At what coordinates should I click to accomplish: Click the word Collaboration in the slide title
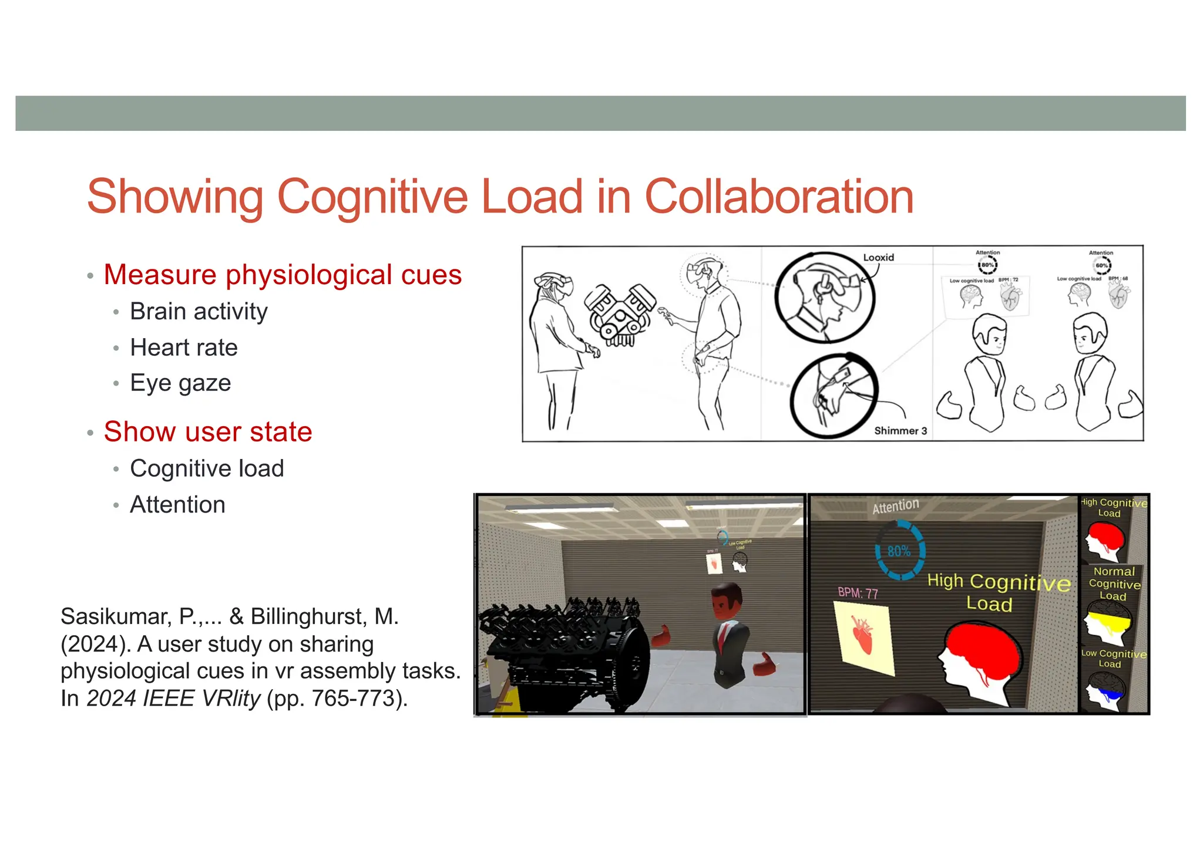[779, 197]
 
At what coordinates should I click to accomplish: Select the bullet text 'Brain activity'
[199, 311]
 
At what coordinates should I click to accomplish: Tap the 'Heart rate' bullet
[184, 348]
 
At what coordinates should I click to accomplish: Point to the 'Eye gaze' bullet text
[180, 383]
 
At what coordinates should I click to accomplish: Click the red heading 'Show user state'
[208, 432]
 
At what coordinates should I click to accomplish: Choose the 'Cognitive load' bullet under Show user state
[207, 468]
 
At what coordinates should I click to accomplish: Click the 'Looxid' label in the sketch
[878, 257]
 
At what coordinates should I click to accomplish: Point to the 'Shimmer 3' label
[900, 431]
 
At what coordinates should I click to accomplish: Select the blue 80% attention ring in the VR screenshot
[900, 551]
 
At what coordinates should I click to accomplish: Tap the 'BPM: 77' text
[858, 593]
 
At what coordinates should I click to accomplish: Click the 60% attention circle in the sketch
[1101, 265]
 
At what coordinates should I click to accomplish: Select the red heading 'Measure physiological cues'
[283, 275]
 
